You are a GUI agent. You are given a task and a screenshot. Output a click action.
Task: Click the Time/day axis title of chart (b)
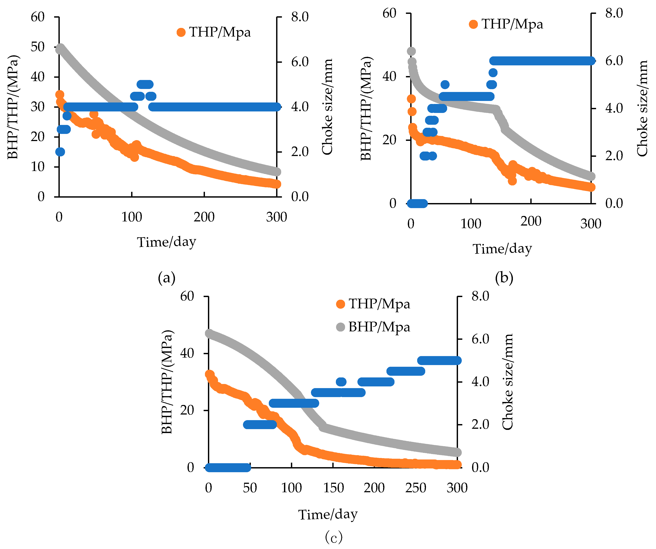[x=502, y=249]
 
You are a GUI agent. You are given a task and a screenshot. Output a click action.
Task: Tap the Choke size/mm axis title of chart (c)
[x=507, y=382]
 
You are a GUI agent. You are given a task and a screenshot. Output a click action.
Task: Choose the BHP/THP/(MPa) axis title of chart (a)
[x=13, y=107]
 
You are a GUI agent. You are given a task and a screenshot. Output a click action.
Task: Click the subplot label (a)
[x=167, y=277]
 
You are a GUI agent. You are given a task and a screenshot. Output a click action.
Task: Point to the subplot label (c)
[x=334, y=537]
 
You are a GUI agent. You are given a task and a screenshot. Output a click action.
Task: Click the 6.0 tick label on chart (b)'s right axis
[x=614, y=61]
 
